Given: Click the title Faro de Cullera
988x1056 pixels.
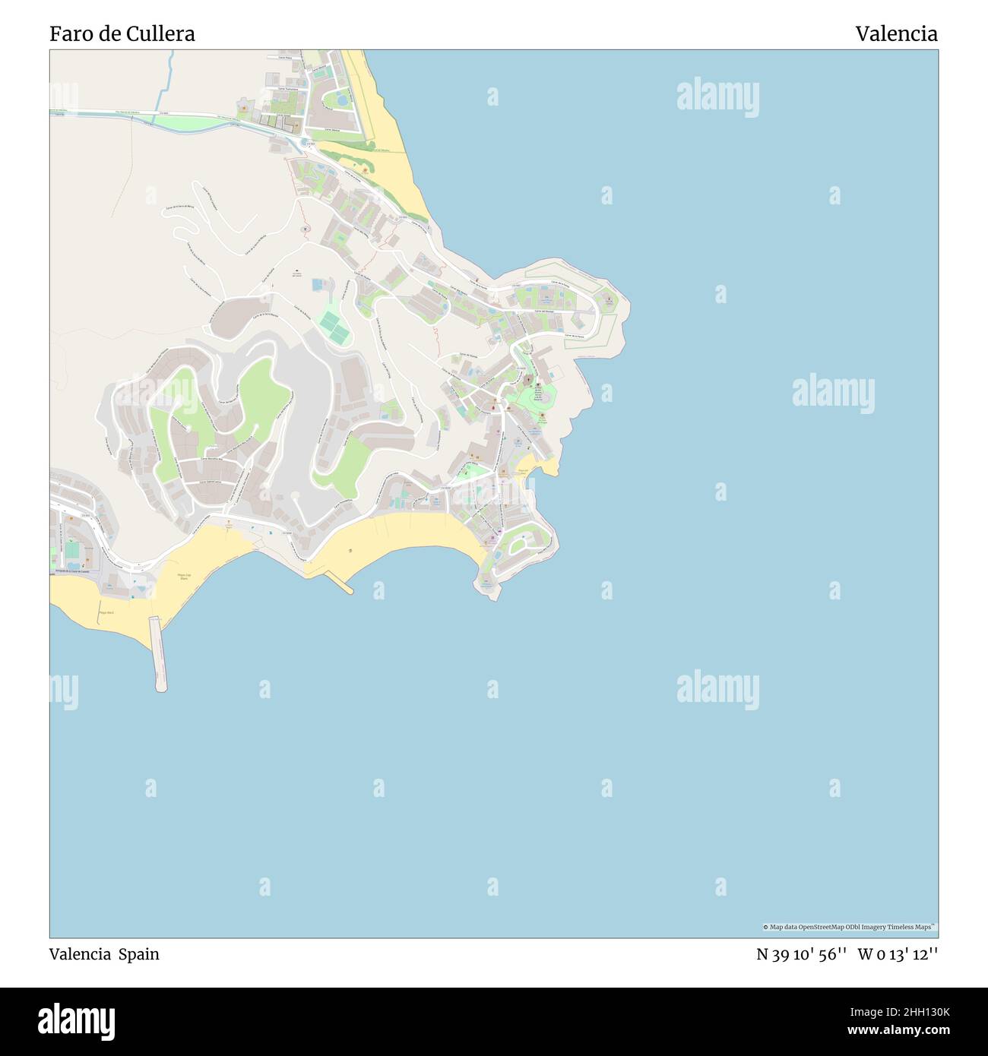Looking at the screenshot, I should point(122,33).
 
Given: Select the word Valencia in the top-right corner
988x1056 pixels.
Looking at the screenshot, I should point(896,33).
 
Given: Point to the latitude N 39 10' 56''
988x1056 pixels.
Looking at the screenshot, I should point(801,954).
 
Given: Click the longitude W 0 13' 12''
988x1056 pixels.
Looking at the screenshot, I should point(898,954).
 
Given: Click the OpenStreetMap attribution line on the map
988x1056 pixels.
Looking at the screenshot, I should point(849,927).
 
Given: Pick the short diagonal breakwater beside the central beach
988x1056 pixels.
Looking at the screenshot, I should point(340,582).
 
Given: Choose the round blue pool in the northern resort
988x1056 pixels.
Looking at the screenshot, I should point(342,100).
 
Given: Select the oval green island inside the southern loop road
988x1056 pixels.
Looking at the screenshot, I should point(521,543).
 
